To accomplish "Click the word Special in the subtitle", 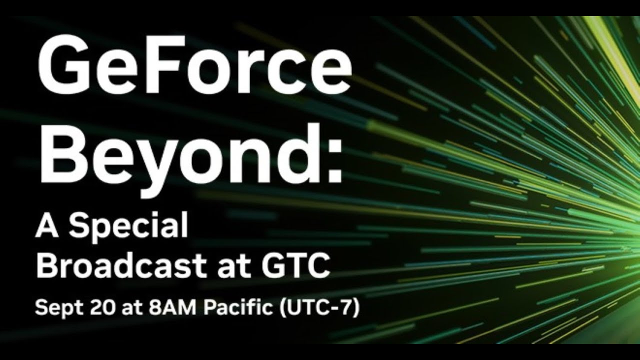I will click(x=128, y=226).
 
